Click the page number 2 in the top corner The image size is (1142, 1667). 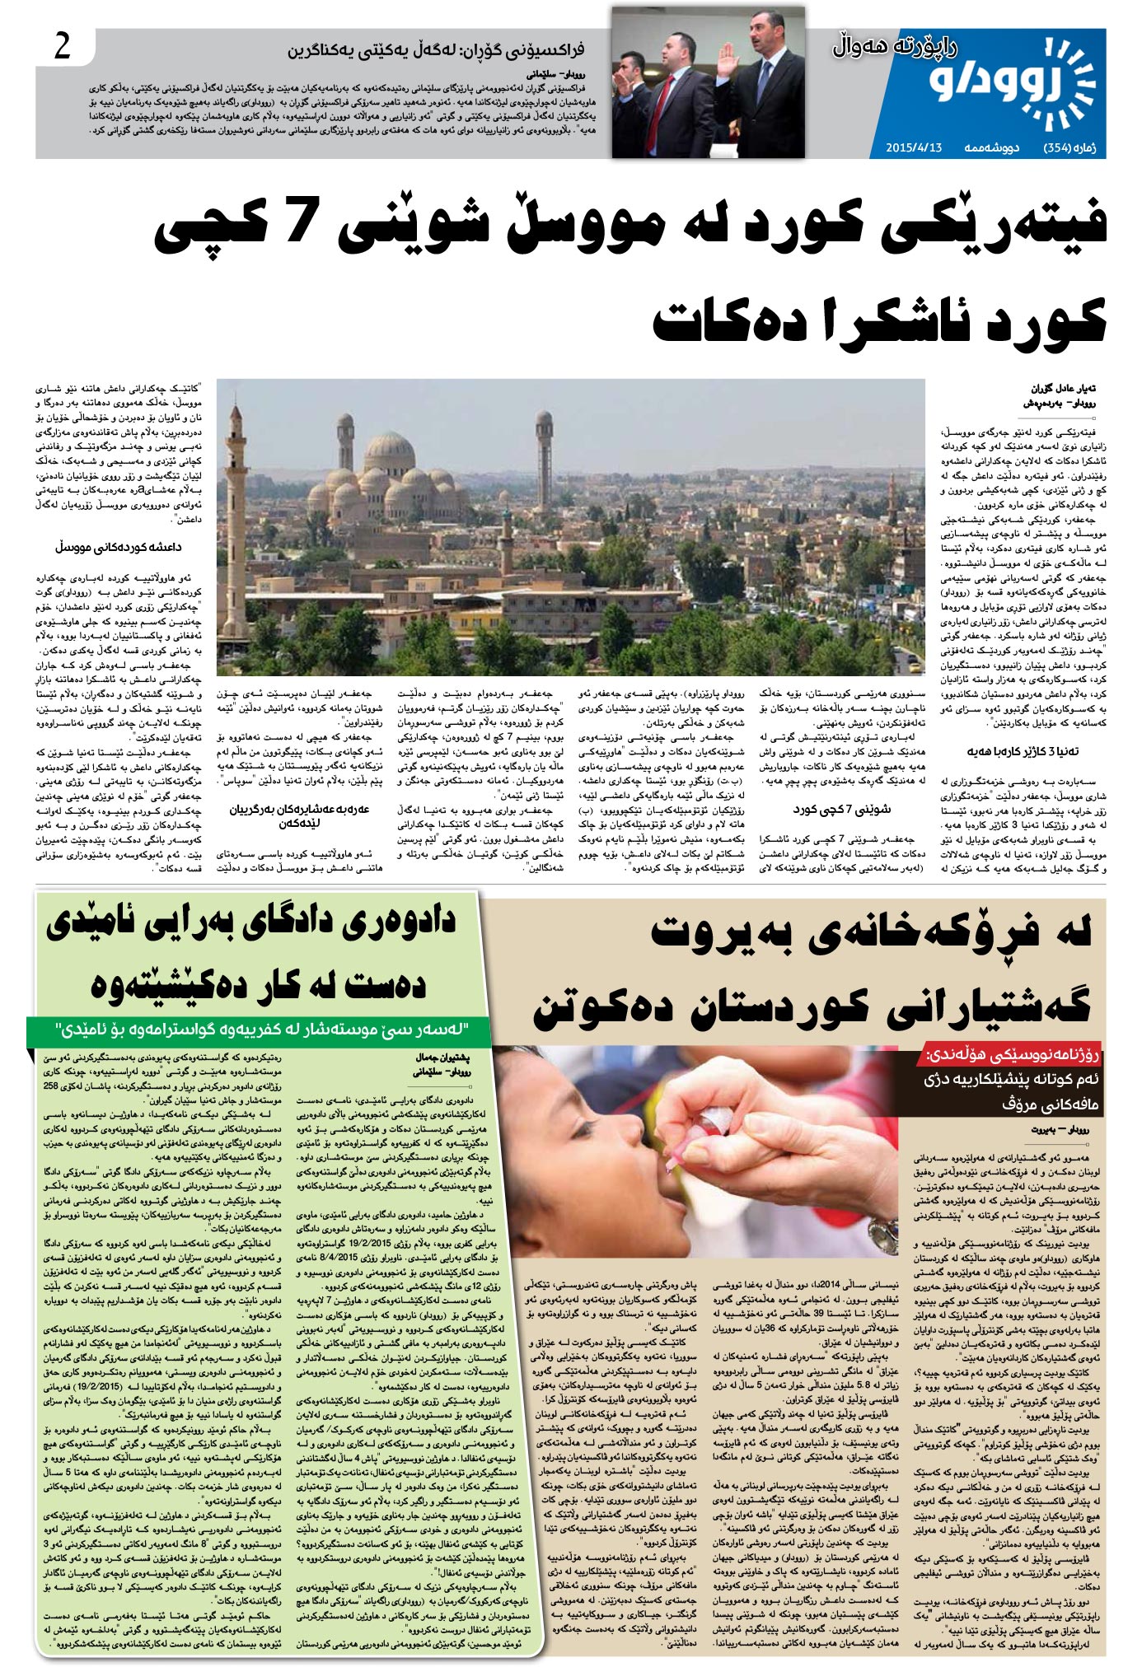tap(63, 48)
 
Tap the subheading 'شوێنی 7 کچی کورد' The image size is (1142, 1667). tap(841, 810)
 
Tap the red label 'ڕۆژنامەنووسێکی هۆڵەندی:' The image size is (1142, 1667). tap(1013, 1055)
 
